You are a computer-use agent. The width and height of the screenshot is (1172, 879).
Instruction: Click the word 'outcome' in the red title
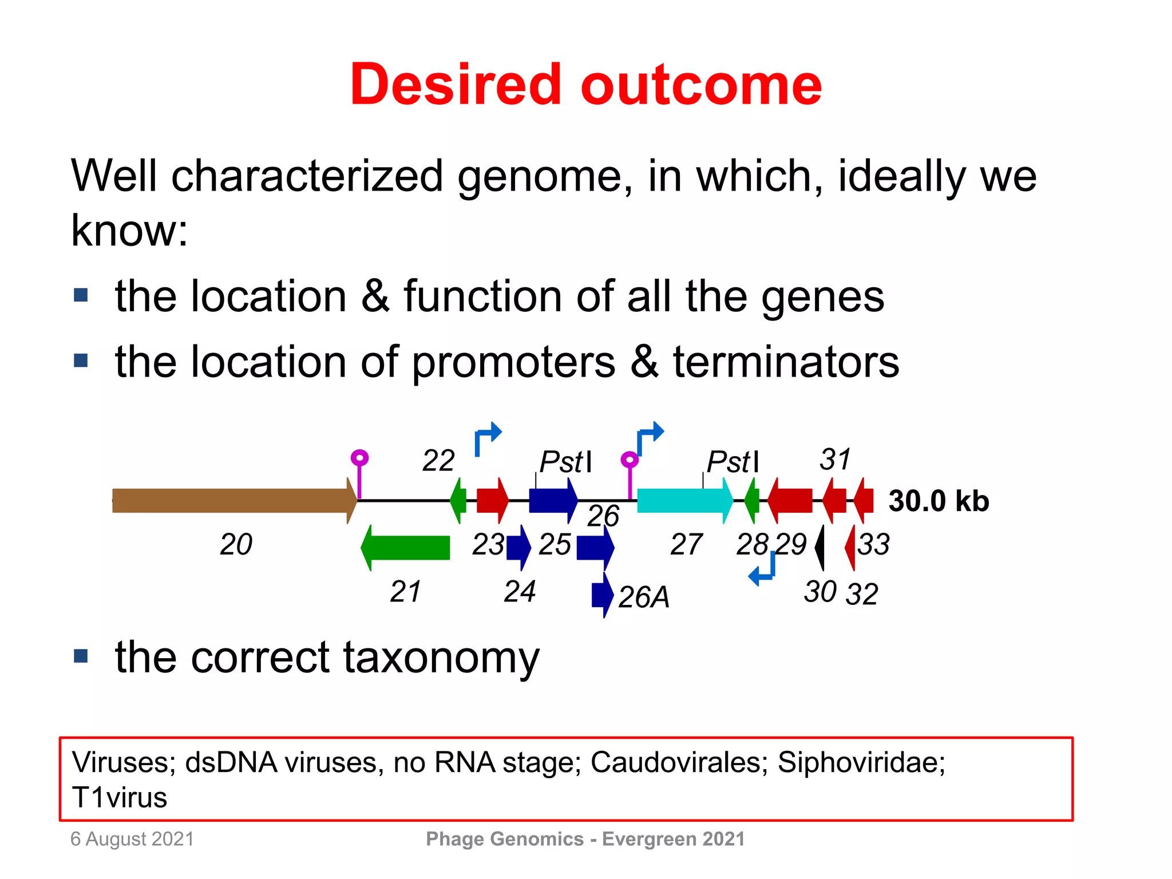700,85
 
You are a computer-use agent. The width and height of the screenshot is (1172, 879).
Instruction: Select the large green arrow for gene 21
406,548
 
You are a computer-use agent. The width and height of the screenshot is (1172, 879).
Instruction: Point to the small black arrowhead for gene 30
820,547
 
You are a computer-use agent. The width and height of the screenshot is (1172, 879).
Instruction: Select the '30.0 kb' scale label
939,501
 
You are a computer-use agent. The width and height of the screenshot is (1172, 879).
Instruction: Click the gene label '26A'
644,597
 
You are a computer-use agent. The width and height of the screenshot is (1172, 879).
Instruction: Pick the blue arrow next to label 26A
602,595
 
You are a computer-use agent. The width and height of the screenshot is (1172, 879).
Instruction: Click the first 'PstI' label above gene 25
565,461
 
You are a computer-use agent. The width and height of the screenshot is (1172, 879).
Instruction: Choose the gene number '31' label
835,459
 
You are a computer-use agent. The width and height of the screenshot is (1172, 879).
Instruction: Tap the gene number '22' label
438,460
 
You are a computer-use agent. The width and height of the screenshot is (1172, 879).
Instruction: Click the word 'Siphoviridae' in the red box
861,762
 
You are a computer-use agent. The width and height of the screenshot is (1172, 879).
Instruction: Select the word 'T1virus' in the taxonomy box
120,797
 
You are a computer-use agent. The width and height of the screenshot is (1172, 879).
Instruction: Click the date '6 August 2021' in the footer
132,839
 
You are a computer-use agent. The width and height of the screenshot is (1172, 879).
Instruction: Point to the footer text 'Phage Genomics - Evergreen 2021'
585,839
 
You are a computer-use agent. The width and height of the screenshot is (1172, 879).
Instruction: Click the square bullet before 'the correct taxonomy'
81,656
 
